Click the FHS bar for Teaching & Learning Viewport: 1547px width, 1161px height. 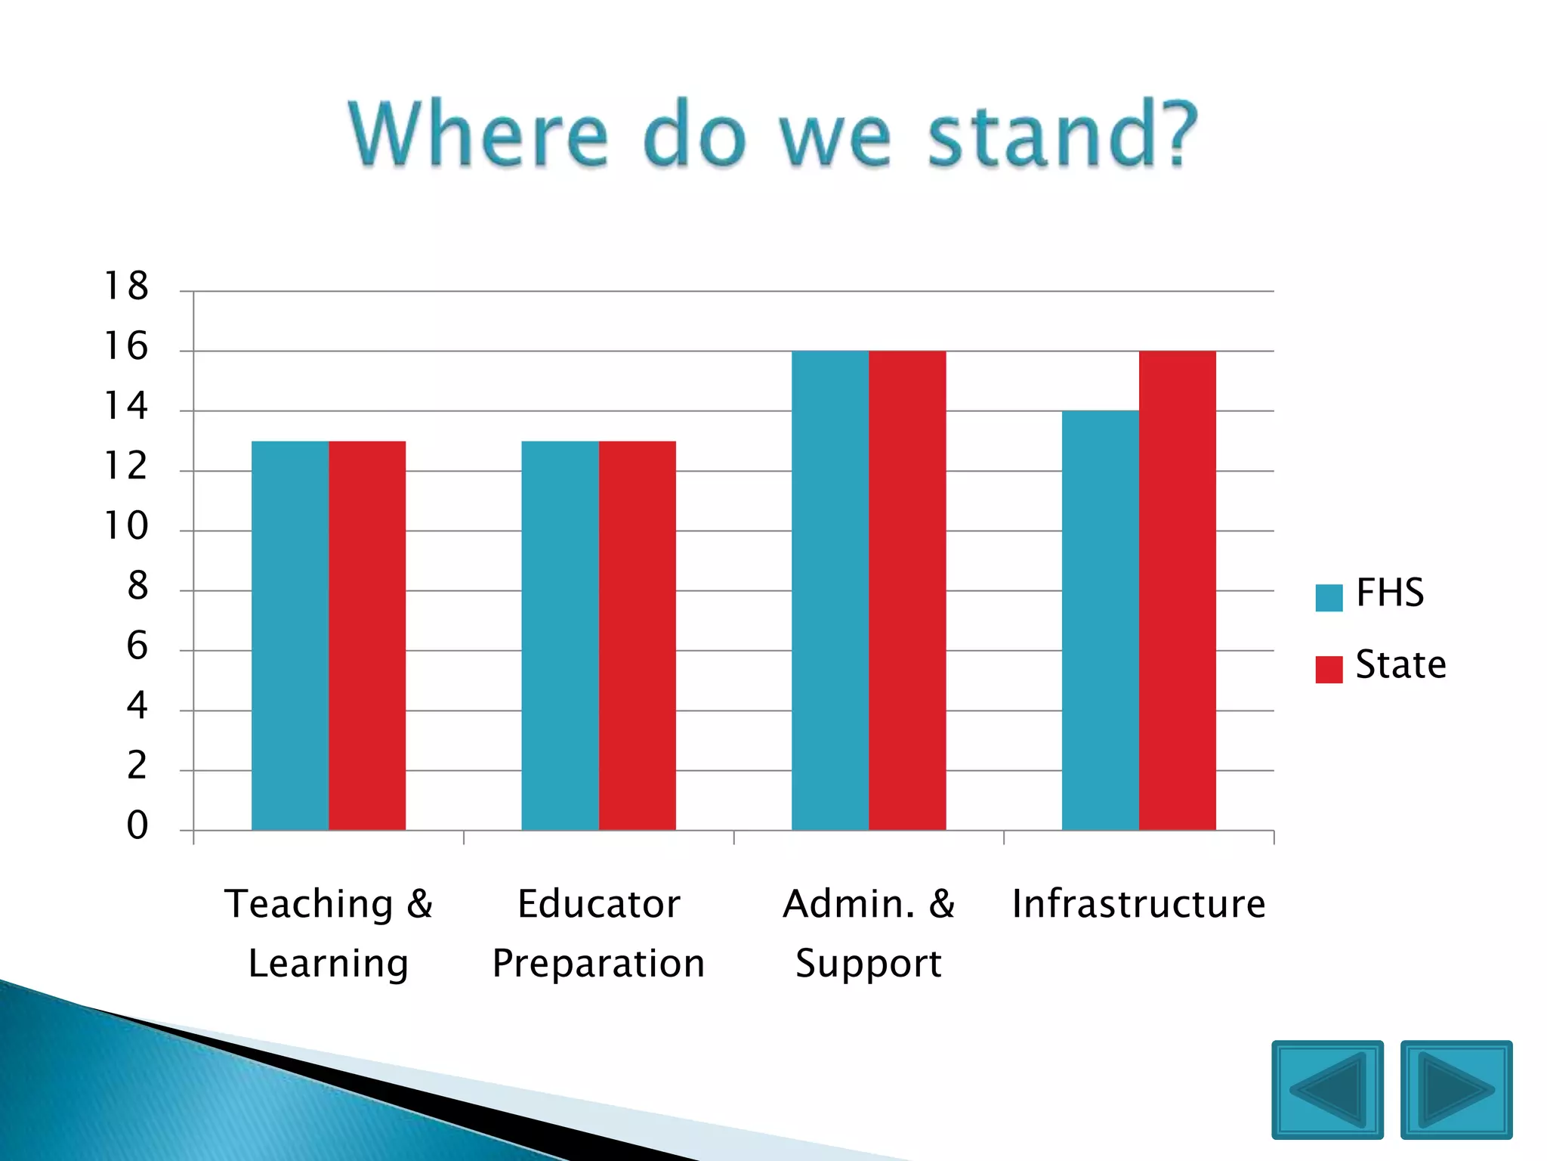pyautogui.click(x=290, y=635)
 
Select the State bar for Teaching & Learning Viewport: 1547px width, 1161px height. pyautogui.click(x=367, y=635)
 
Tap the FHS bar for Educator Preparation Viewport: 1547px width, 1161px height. pyautogui.click(x=560, y=635)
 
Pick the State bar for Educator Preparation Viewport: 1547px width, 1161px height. pyautogui.click(x=637, y=635)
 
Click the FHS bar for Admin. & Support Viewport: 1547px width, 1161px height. pyautogui.click(x=830, y=590)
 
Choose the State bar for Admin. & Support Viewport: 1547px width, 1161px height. pyautogui.click(x=907, y=590)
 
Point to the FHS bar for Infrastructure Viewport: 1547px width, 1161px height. pyautogui.click(x=1100, y=620)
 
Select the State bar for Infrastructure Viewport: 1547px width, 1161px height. pyautogui.click(x=1177, y=590)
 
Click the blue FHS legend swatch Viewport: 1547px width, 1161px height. pyautogui.click(x=1329, y=597)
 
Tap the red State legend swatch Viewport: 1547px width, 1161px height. pyautogui.click(x=1329, y=669)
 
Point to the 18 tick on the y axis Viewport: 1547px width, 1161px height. pyautogui.click(x=126, y=286)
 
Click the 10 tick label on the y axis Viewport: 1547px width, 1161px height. pyautogui.click(x=126, y=526)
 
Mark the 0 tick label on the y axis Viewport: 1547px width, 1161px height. pyautogui.click(x=137, y=825)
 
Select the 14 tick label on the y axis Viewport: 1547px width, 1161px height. pyautogui.click(x=126, y=407)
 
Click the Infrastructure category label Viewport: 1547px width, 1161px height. pyautogui.click(x=1138, y=904)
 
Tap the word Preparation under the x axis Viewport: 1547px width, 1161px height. pyautogui.click(x=598, y=964)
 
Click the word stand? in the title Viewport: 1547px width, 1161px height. pyautogui.click(x=1062, y=135)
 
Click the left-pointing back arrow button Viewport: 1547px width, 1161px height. pyautogui.click(x=1327, y=1089)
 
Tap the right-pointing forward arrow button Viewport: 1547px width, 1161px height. pyautogui.click(x=1456, y=1089)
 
